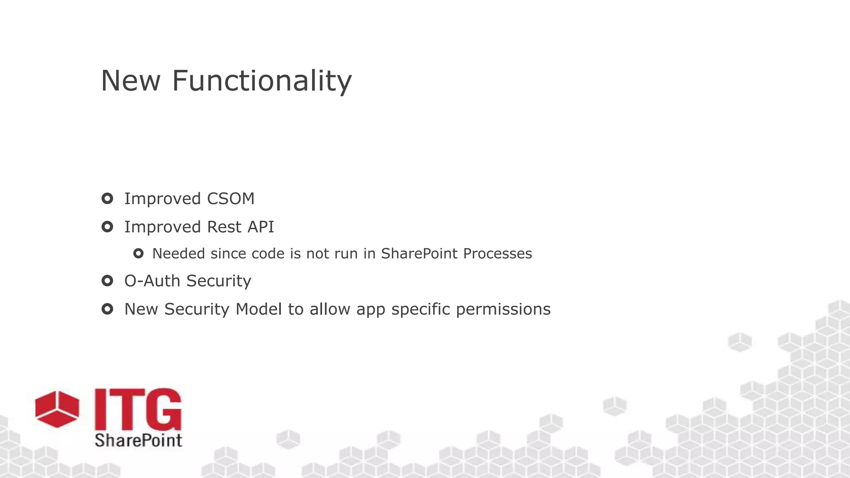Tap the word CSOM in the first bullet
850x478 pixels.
pyautogui.click(x=230, y=199)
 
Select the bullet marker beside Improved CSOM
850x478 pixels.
pyautogui.click(x=107, y=199)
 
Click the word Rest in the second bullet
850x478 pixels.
pyautogui.click(x=224, y=227)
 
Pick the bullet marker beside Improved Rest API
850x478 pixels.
pyautogui.click(x=107, y=227)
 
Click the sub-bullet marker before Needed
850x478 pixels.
pyautogui.click(x=138, y=254)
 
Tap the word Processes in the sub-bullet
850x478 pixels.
pyautogui.click(x=497, y=254)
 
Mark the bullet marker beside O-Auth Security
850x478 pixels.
pyautogui.click(x=107, y=281)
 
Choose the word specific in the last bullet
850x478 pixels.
pyautogui.click(x=420, y=310)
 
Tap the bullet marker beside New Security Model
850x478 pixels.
pyautogui.click(x=107, y=309)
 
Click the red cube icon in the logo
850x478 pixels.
pyautogui.click(x=57, y=409)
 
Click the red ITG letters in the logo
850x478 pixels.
pyautogui.click(x=138, y=410)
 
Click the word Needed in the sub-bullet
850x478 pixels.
pyautogui.click(x=178, y=254)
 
